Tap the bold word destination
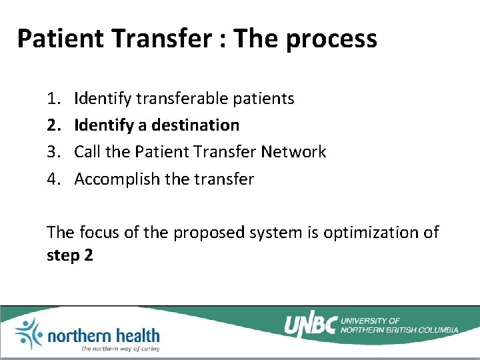coord(195,125)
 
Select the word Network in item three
coord(293,152)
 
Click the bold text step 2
coord(69,255)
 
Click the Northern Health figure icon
coord(29,333)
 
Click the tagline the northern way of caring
coord(120,348)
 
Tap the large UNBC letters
coord(310,325)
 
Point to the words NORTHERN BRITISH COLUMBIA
coord(399,329)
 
